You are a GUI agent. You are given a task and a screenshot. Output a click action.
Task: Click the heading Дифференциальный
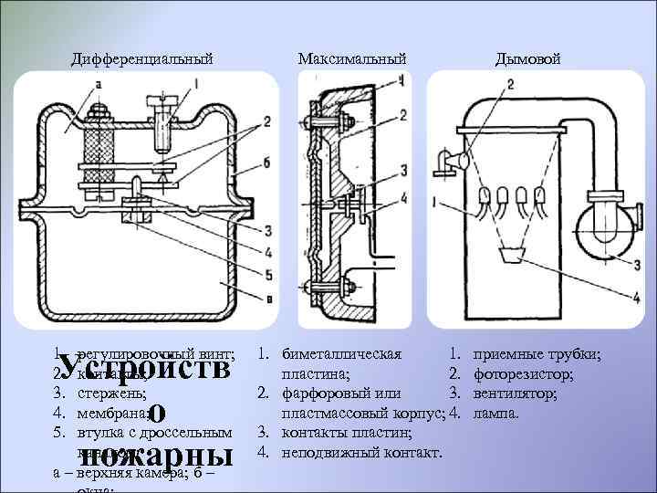coord(142,59)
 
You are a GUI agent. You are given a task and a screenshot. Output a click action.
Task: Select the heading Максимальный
coord(351,59)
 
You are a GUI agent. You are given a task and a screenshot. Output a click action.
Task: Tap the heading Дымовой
coord(527,59)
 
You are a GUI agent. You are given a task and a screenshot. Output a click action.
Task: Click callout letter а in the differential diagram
coord(98,85)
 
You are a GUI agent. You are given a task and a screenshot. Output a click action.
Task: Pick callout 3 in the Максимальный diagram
coord(401,172)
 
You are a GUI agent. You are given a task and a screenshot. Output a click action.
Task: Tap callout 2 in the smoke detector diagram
coord(510,84)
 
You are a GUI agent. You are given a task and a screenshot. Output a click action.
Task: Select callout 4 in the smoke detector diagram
coord(635,295)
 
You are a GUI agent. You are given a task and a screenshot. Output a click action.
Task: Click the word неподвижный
coord(329,453)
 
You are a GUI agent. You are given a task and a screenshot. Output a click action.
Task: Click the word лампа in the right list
coord(496,413)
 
